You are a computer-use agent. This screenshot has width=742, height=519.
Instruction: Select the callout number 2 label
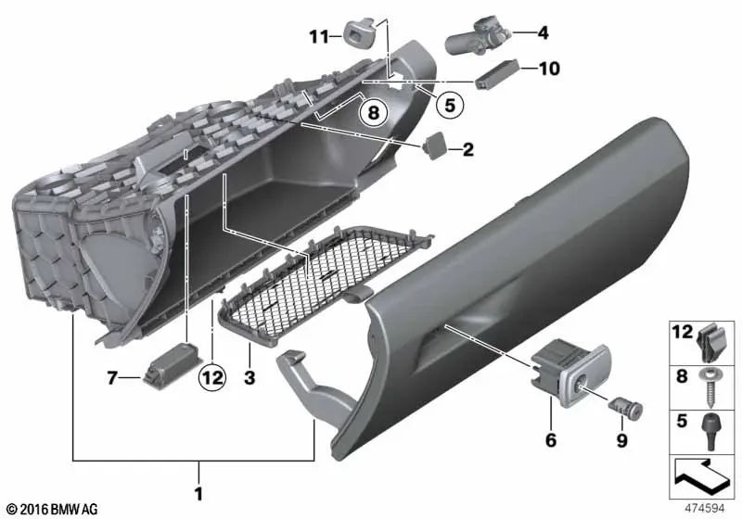(x=468, y=148)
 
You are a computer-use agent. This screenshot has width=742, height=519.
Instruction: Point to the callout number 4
(x=543, y=33)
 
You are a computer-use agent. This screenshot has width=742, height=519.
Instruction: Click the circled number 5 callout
(x=449, y=105)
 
